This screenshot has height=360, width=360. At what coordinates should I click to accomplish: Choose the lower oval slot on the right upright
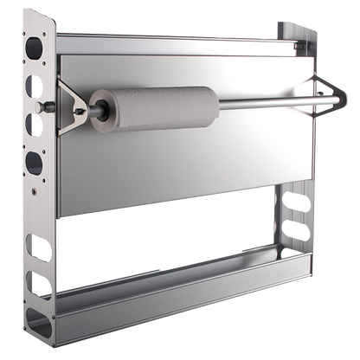[294, 232]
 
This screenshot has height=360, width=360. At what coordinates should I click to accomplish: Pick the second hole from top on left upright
[34, 87]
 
